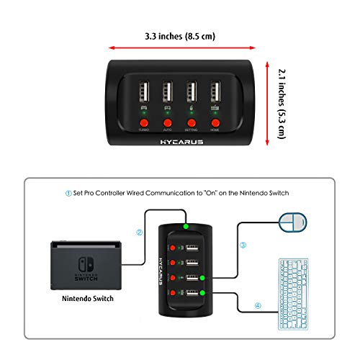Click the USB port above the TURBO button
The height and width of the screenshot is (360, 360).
click(144, 92)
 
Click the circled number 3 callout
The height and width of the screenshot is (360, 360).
click(243, 245)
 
